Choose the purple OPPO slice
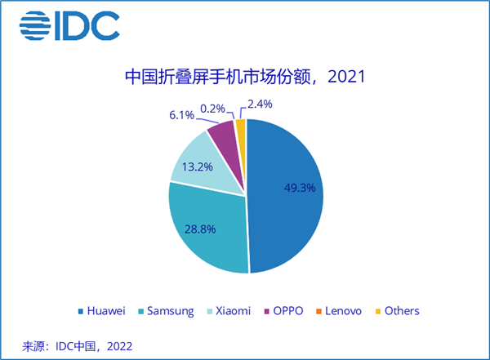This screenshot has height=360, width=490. tap(222, 133)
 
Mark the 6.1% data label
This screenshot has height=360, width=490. tap(181, 116)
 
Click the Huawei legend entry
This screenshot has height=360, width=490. tap(105, 310)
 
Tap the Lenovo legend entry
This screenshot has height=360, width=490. tap(345, 310)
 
